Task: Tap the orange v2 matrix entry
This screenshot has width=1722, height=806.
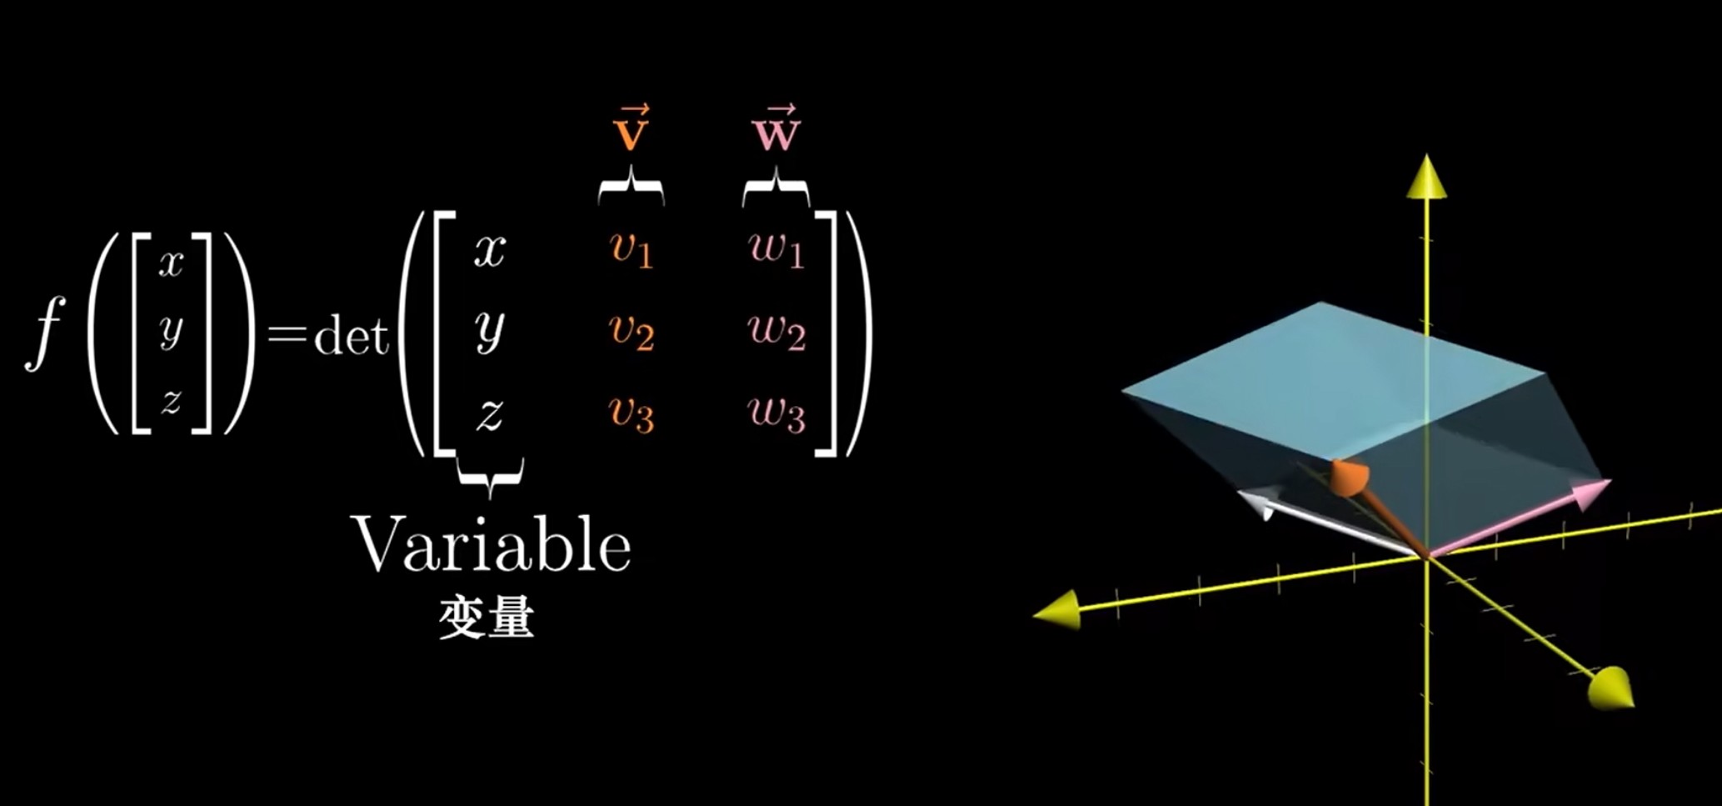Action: [x=631, y=332]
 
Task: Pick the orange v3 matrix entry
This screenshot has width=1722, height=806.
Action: [x=631, y=413]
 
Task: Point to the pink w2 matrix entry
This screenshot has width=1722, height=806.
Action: [x=776, y=332]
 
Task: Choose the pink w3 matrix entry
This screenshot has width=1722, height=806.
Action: [x=776, y=413]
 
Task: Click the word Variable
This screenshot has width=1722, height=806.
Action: [x=492, y=543]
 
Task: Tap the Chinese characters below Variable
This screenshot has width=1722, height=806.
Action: [x=487, y=618]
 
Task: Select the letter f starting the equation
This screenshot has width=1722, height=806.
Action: [x=45, y=333]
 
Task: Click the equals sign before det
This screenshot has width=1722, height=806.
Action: [x=287, y=336]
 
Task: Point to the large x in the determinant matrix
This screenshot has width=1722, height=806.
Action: [x=490, y=249]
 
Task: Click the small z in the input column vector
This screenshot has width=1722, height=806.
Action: [x=172, y=401]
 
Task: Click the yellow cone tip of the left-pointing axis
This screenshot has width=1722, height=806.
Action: [x=1056, y=610]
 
